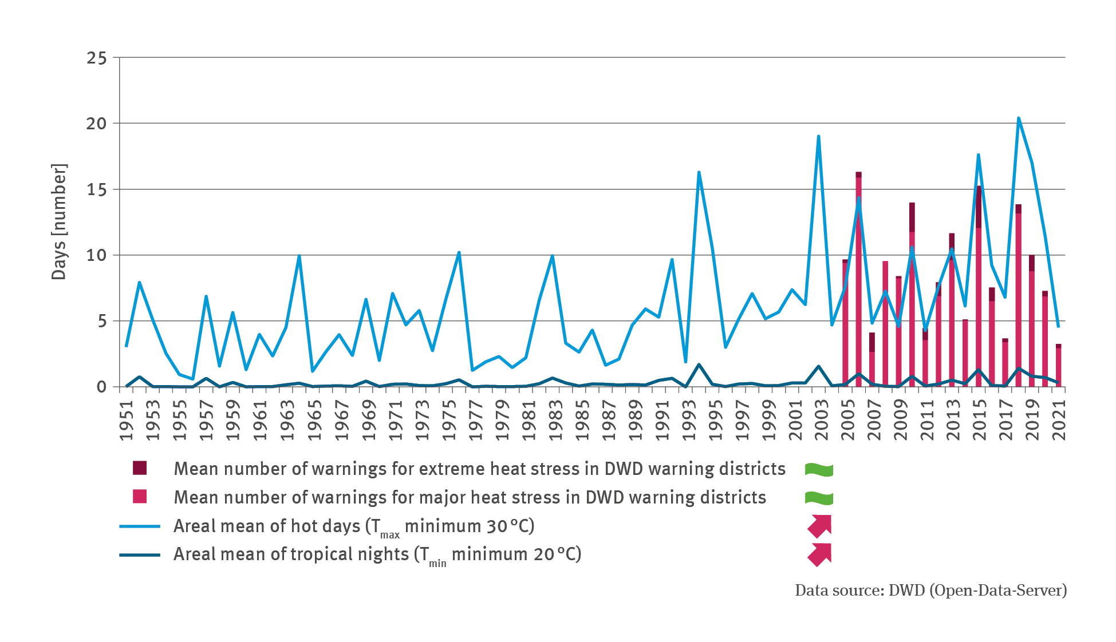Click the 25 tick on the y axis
tap(96, 58)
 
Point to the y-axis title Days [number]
tap(59, 221)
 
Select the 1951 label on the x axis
tap(126, 420)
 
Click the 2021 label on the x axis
tap(1059, 420)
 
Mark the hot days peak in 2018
tap(1019, 118)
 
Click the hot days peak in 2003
tap(819, 136)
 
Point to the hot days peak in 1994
tap(699, 172)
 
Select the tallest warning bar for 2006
tap(859, 280)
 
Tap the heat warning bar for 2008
tap(885, 324)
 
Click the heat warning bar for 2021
tap(1059, 366)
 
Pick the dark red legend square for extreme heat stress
tap(140, 468)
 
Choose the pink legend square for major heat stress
tap(140, 497)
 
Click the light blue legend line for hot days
tap(140, 526)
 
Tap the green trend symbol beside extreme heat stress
tap(819, 470)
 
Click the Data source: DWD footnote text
tap(930, 591)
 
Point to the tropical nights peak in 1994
tap(699, 364)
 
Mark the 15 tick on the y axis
tap(96, 189)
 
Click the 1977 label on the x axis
tap(475, 420)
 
